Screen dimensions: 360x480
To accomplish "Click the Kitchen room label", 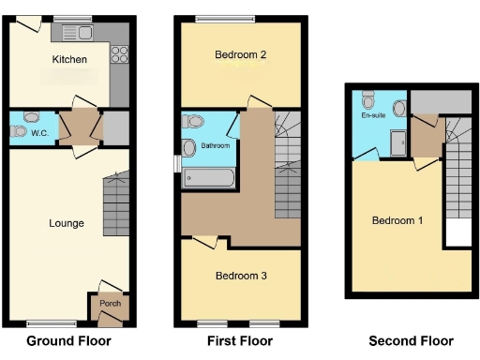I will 69,60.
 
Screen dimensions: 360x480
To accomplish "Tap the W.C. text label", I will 39,133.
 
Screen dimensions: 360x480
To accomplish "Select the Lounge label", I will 67,223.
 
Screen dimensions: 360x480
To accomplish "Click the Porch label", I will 110,303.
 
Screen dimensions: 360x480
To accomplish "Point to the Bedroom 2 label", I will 241,55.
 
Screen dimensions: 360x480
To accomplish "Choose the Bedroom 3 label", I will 241,276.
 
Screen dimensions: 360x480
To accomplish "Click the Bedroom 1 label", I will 397,221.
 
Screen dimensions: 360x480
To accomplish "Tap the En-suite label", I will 372,116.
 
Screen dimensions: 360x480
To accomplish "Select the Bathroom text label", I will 216,146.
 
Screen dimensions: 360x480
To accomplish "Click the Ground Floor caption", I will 68,341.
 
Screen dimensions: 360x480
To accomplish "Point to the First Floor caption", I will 242,341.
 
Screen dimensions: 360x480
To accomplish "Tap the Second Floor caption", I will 411,341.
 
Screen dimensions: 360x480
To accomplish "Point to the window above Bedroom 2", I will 225,20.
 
